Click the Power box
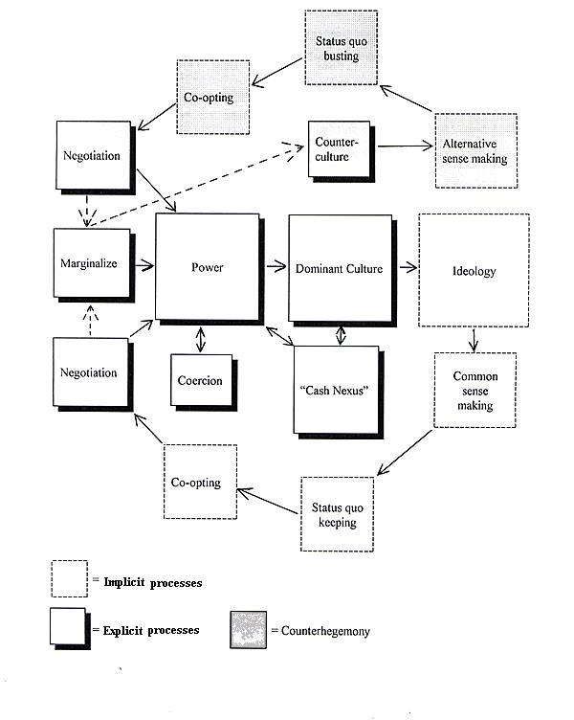point(208,267)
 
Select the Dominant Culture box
point(340,269)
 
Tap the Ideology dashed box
point(474,270)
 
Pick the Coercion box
point(202,380)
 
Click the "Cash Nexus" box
point(337,390)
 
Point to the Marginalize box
point(92,263)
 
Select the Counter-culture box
point(339,149)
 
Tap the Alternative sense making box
point(476,150)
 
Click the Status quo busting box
point(341,48)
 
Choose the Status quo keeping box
point(338,514)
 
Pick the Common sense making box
point(475,391)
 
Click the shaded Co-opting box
point(213,97)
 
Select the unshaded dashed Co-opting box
point(201,482)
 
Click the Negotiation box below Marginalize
point(91,372)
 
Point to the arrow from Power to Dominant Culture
point(276,266)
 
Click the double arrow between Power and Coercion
point(201,339)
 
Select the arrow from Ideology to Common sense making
point(474,340)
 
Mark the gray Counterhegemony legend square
point(248,630)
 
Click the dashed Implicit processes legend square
point(69,578)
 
